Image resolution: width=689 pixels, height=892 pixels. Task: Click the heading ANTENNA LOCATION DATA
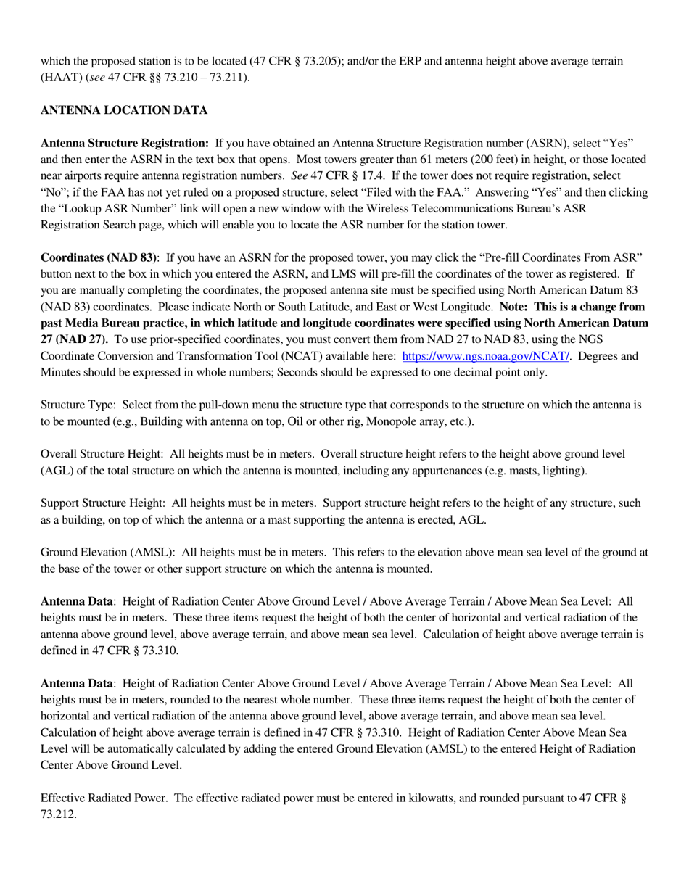point(124,110)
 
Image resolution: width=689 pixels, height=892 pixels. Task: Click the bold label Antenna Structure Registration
point(125,143)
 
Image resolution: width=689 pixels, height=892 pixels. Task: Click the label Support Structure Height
point(102,503)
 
